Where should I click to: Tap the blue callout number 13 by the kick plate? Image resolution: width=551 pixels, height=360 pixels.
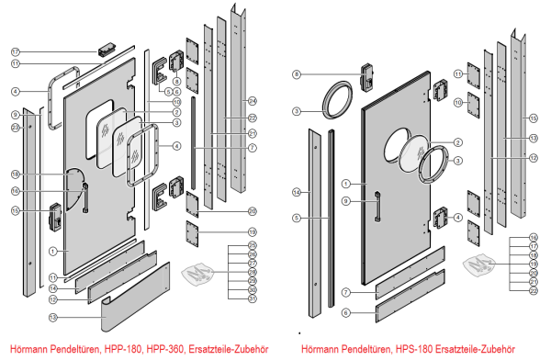(53, 317)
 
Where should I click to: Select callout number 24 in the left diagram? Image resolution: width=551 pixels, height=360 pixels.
(253, 100)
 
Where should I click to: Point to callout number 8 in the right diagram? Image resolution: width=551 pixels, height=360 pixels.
(297, 73)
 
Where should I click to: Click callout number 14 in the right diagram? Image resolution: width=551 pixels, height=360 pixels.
(297, 191)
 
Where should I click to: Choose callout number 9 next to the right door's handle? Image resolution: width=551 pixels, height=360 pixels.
(347, 201)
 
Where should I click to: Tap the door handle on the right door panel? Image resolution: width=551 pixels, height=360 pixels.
(377, 207)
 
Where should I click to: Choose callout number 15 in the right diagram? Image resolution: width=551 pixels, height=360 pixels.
(532, 119)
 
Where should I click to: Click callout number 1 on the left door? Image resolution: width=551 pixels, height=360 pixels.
(53, 251)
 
